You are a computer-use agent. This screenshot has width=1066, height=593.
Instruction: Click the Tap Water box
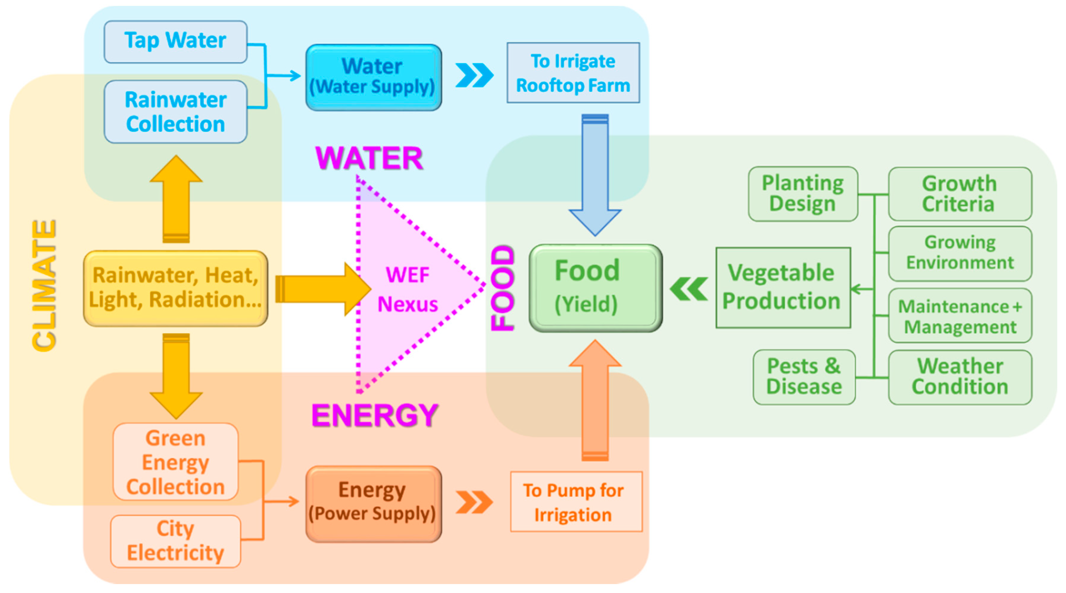(175, 41)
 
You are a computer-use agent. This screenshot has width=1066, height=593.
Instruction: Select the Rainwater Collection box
(175, 112)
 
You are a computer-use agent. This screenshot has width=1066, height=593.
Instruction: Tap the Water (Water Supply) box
(373, 77)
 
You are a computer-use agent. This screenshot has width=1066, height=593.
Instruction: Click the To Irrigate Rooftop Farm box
(573, 73)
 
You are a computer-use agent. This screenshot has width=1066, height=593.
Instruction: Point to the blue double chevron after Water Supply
(474, 75)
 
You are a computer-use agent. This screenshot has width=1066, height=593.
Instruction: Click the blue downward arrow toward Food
(595, 174)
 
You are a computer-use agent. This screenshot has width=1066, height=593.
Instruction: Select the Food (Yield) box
(595, 288)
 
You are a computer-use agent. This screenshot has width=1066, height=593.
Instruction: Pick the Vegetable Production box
(783, 288)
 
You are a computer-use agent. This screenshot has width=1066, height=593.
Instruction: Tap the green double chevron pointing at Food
(689, 289)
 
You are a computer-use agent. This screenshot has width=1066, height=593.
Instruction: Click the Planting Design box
(803, 194)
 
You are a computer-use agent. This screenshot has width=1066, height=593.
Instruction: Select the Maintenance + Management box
(960, 316)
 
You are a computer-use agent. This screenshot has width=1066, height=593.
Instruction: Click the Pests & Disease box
(804, 377)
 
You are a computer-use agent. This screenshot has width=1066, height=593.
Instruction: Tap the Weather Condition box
(960, 377)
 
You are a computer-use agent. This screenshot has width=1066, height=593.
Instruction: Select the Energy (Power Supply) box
(373, 503)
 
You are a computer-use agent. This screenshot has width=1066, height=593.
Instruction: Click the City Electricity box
(175, 541)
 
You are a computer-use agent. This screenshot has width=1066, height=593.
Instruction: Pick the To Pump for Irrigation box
(576, 502)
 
